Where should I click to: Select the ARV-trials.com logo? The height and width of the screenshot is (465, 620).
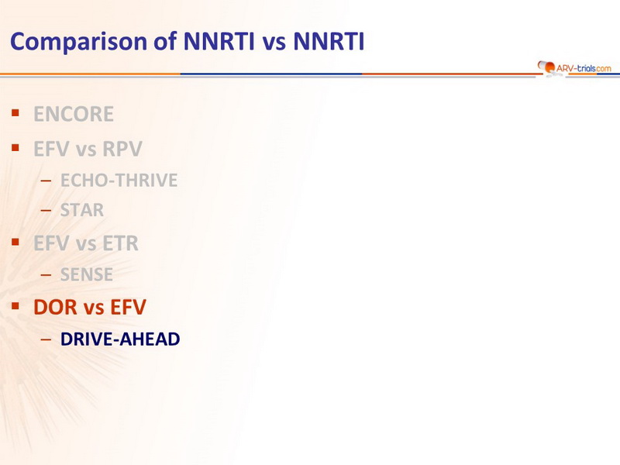573,68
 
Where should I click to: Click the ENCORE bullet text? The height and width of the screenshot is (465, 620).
74,114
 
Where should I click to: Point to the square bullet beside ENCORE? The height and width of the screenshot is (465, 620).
15,113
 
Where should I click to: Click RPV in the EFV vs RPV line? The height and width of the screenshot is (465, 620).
122,149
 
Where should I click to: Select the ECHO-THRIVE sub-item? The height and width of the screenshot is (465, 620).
119,181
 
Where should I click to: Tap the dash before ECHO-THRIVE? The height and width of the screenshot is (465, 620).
46,181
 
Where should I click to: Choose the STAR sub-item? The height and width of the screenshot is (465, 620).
82,210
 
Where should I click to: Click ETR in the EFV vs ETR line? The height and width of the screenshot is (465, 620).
121,243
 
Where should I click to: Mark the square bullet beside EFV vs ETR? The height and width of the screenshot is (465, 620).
15,242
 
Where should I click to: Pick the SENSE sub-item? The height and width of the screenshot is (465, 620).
87,274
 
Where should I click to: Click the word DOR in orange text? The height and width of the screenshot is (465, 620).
55,307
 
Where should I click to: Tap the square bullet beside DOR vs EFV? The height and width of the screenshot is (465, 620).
15,306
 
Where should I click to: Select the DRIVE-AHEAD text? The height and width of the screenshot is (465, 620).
120,339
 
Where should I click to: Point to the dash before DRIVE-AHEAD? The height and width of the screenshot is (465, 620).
46,339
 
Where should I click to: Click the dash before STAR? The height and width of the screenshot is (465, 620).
46,210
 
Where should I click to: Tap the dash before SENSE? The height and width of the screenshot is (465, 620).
46,274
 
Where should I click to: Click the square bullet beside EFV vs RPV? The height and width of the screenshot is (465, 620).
15,148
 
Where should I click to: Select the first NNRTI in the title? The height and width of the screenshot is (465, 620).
219,42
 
